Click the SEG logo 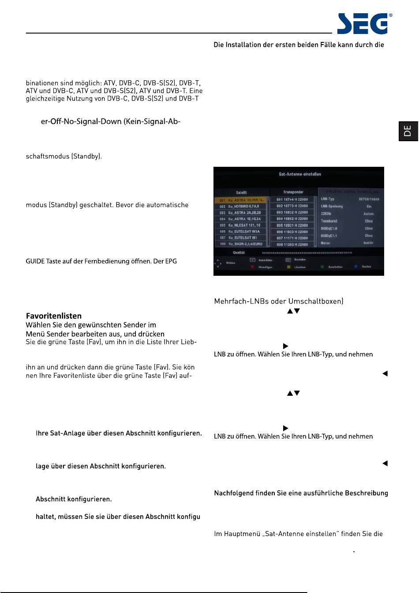point(363,24)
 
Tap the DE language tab point(408,131)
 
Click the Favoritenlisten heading point(54,316)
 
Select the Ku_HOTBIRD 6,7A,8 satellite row point(241,206)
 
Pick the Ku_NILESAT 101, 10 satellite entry point(241,225)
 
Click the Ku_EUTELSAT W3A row point(241,232)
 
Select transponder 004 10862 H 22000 point(292,219)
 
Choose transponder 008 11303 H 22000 point(292,244)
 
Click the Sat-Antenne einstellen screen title point(300,174)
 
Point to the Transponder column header point(293,192)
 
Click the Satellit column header point(241,192)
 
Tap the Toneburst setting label point(329,221)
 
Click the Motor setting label point(325,243)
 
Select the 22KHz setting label point(326,214)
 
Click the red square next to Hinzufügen point(252,267)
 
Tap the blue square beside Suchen point(355,267)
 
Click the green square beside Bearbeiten point(322,267)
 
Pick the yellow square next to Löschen point(288,267)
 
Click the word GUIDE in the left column point(35,261)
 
